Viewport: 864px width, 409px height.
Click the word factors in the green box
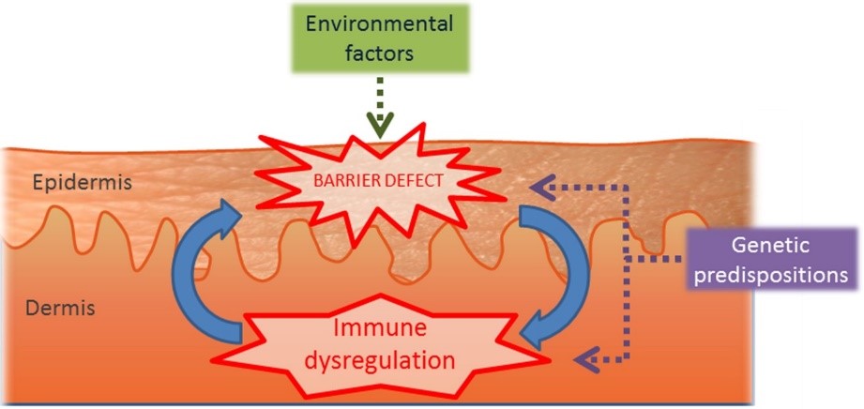(x=378, y=53)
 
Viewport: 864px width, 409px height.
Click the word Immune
(x=385, y=329)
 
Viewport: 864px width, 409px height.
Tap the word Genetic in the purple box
(x=770, y=247)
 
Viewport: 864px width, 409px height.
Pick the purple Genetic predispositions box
(x=770, y=260)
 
